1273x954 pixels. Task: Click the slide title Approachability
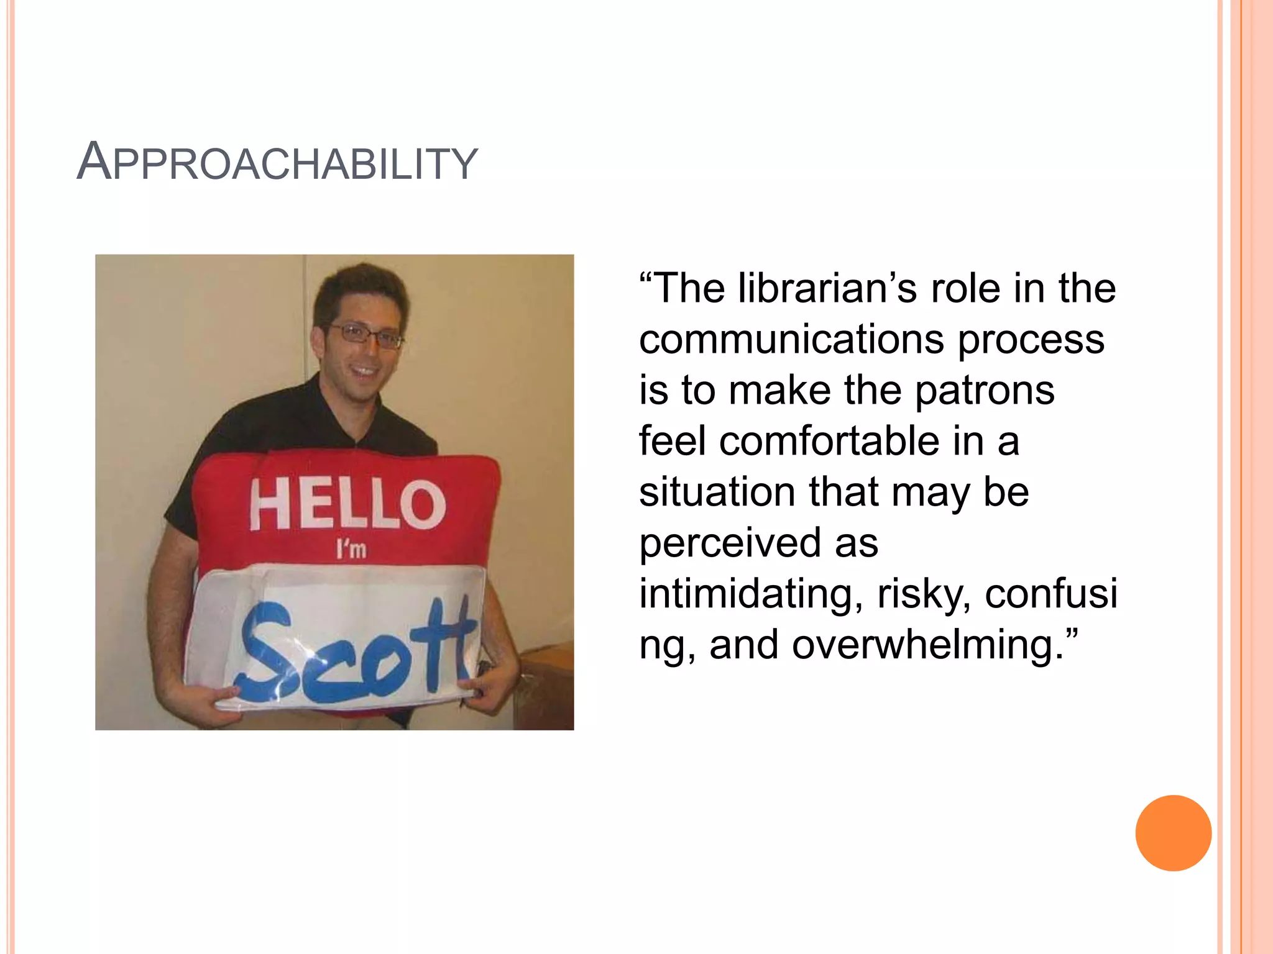277,163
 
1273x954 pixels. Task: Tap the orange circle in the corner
1173,833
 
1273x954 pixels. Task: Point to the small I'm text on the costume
351,549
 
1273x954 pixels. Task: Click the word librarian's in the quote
827,289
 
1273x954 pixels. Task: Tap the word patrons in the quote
985,391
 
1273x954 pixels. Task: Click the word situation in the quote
717,492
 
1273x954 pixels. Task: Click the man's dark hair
361,289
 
